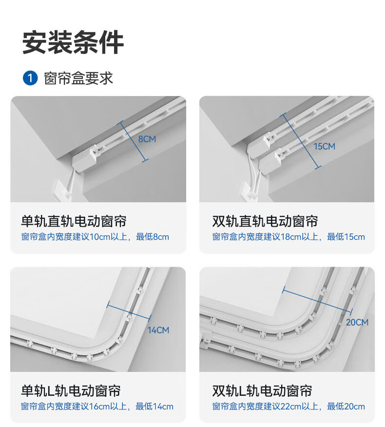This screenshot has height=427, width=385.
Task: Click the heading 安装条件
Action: [x=73, y=42]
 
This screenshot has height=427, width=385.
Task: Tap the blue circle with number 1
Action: [x=30, y=78]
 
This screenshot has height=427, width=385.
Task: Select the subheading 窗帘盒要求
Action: [x=78, y=78]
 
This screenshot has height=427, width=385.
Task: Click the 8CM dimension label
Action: [x=147, y=139]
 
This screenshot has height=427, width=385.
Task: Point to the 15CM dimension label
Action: [x=324, y=147]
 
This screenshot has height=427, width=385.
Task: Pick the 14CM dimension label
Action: [x=158, y=330]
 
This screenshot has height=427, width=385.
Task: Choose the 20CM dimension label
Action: [x=357, y=322]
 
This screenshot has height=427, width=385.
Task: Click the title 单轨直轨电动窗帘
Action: [x=74, y=221]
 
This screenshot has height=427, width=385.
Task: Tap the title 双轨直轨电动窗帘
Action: [x=265, y=221]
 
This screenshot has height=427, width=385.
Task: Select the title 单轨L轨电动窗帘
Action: [x=71, y=391]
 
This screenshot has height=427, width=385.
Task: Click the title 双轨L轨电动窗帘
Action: [x=262, y=391]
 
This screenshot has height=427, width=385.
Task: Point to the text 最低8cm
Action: [x=153, y=237]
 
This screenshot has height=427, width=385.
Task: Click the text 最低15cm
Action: [x=346, y=237]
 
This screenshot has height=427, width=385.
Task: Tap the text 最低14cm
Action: [x=154, y=407]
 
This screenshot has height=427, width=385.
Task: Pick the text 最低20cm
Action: [x=346, y=407]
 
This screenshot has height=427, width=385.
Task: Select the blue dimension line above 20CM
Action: [x=317, y=301]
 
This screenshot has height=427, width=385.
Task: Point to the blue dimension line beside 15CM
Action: [x=300, y=141]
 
